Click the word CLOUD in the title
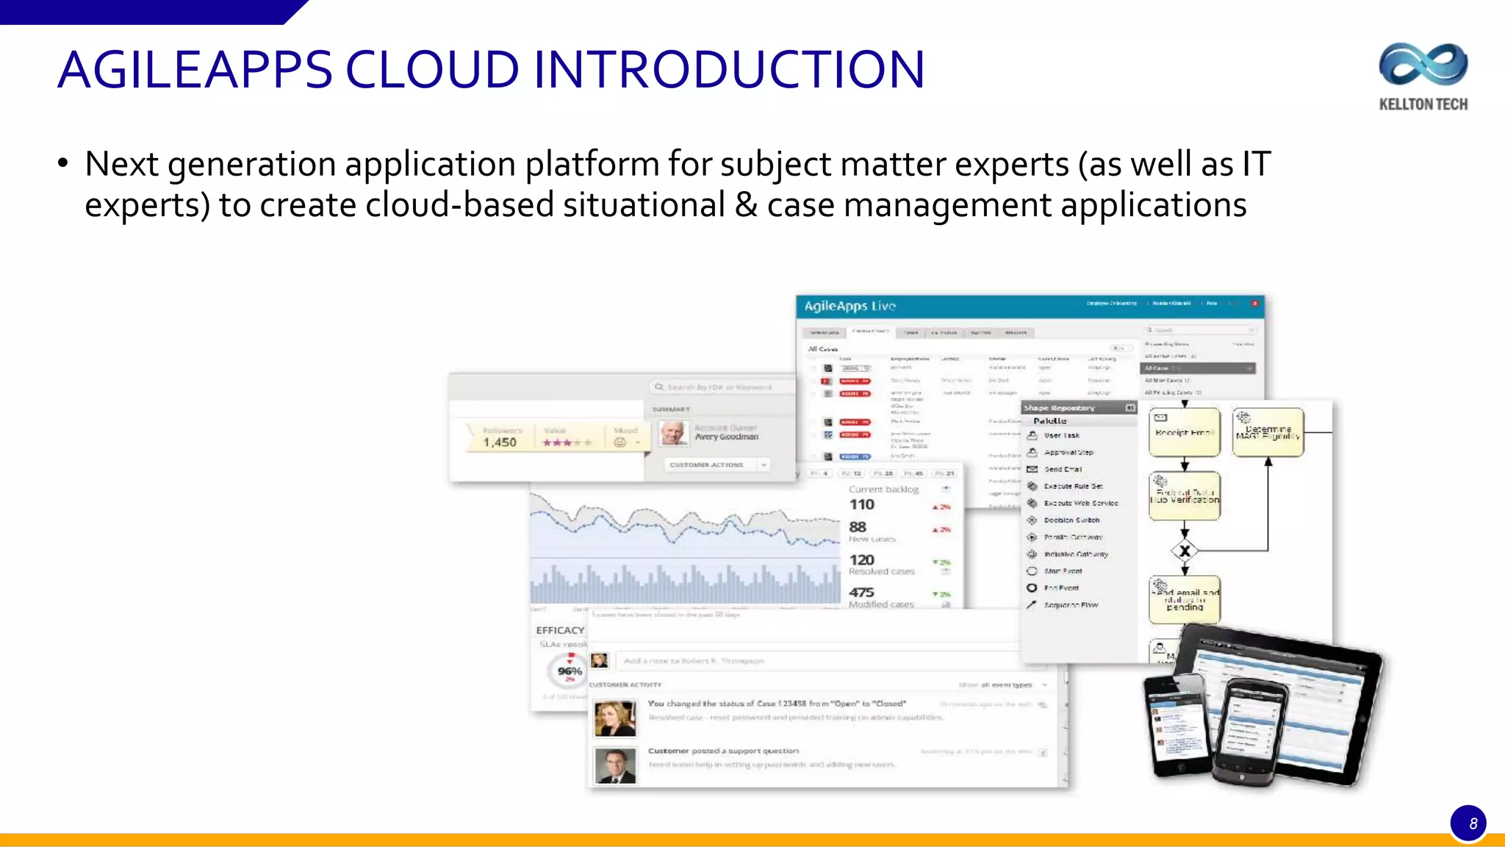click(432, 71)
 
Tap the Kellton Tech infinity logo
click(1423, 65)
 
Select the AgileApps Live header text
click(850, 306)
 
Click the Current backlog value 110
click(861, 504)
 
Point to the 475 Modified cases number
click(861, 592)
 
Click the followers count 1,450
click(500, 442)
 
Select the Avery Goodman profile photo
click(672, 433)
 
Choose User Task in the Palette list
click(1061, 435)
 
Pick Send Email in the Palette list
click(1063, 469)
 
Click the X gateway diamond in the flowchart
click(1184, 550)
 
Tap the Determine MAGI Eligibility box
click(1268, 432)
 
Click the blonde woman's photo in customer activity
click(614, 718)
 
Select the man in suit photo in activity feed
click(614, 766)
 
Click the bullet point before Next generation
click(63, 164)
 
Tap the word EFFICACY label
click(560, 630)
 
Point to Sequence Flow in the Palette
click(1070, 605)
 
